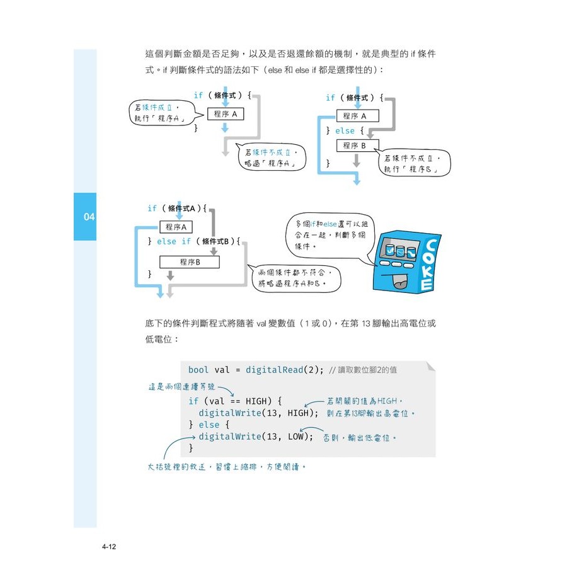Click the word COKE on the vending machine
point(428,265)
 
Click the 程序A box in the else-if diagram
point(179,226)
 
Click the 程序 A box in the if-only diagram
point(225,114)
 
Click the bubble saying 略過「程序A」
point(271,157)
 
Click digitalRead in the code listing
point(275,369)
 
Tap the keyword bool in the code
point(198,369)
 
